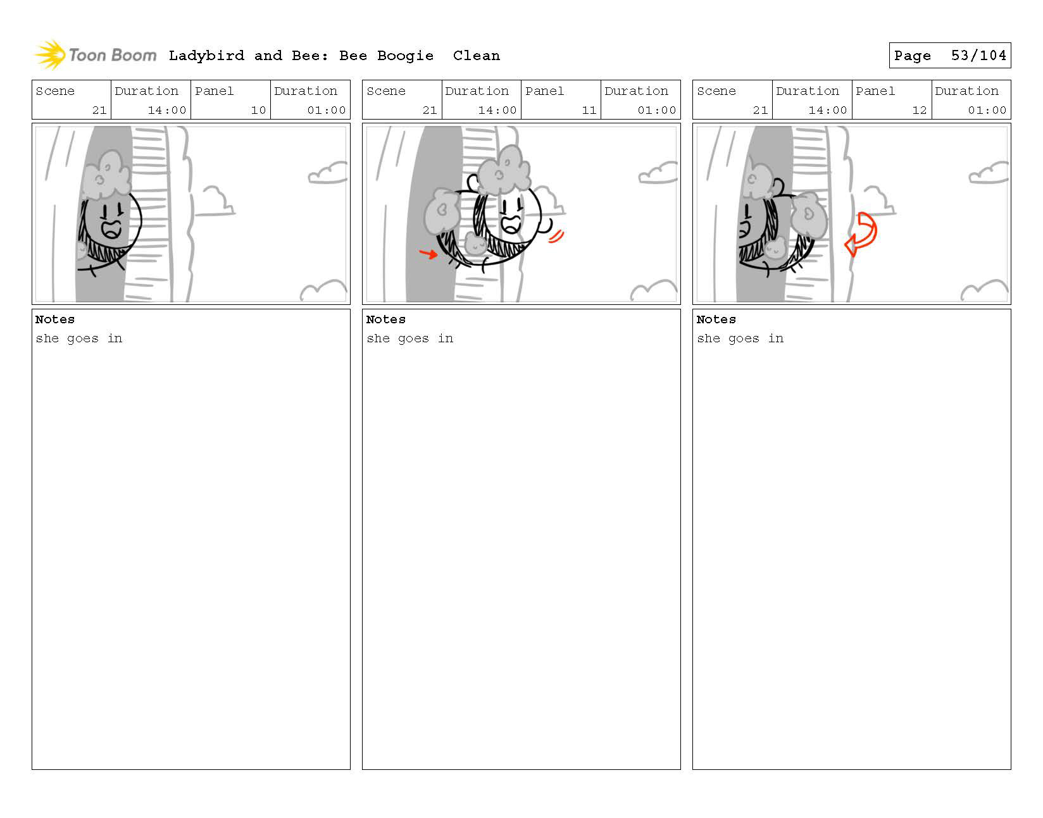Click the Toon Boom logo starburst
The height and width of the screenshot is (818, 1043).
[50, 54]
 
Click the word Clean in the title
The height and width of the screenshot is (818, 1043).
[476, 56]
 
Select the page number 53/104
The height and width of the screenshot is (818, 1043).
[978, 56]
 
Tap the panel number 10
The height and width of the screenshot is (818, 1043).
[258, 110]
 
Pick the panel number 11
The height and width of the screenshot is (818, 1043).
[589, 110]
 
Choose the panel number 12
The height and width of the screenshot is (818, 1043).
[919, 110]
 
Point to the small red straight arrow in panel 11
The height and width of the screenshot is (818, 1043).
[428, 253]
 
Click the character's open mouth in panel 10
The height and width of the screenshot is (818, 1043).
[111, 230]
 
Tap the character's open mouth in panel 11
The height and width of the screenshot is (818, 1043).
[511, 224]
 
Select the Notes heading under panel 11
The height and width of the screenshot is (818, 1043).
[385, 319]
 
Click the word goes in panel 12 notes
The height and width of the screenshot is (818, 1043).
[744, 339]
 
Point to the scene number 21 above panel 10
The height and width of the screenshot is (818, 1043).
[99, 110]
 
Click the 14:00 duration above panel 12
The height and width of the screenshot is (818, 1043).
[827, 110]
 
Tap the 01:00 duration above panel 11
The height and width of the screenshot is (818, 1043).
[656, 110]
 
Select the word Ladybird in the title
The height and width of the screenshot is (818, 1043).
[206, 56]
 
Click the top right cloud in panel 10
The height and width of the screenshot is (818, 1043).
[327, 173]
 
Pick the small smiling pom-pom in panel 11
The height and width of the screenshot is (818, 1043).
[476, 244]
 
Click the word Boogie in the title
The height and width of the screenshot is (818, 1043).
[405, 56]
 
